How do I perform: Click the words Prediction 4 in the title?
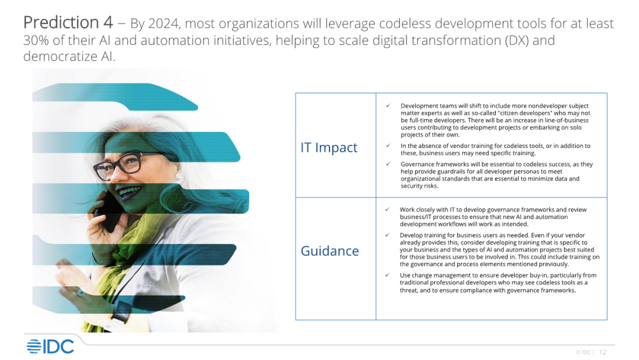click(x=68, y=23)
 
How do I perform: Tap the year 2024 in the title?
click(x=163, y=24)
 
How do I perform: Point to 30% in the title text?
click(x=36, y=40)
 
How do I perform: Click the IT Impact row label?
click(x=329, y=147)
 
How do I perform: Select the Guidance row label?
click(x=330, y=250)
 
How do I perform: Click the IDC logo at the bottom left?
click(x=50, y=346)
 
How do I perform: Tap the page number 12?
click(x=602, y=352)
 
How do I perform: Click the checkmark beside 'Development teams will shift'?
click(x=388, y=105)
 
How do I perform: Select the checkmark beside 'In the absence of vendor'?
click(x=388, y=146)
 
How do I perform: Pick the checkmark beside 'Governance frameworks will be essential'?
click(x=388, y=164)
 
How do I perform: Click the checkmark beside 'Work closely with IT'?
click(x=387, y=210)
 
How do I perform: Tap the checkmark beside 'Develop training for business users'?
click(x=387, y=235)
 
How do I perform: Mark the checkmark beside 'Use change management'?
click(x=387, y=275)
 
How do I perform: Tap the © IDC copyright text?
click(x=583, y=352)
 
